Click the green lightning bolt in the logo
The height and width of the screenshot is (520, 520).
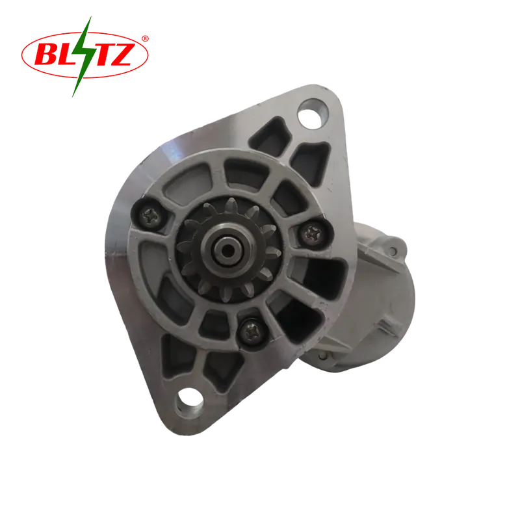coord(82,57)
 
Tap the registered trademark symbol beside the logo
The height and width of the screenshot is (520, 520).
coord(145,38)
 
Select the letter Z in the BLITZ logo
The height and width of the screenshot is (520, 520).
coord(123,53)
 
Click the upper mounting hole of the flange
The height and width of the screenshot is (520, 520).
coord(312,113)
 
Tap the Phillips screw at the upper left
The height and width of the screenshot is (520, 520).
coord(150,216)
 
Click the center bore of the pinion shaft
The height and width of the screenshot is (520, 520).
coord(227,250)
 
